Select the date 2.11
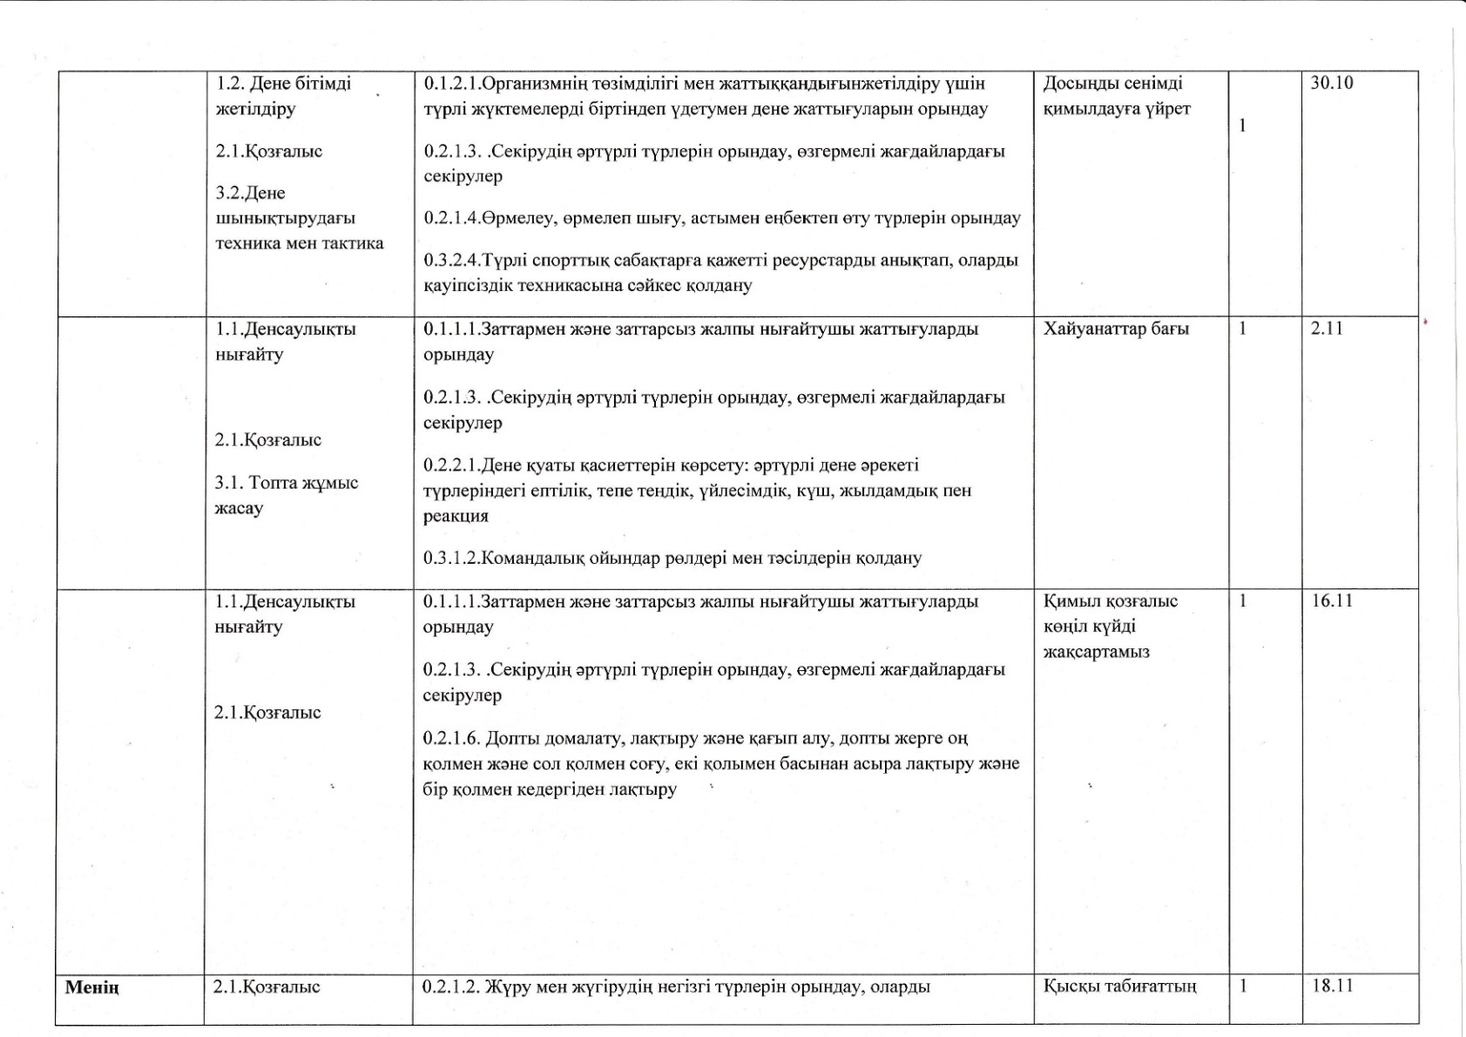pyautogui.click(x=1327, y=329)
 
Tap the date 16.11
pyautogui.click(x=1332, y=600)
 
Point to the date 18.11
pyautogui.click(x=1332, y=986)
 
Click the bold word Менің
pyautogui.click(x=92, y=987)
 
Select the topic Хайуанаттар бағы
pyautogui.click(x=1116, y=329)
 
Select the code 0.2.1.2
pyautogui.click(x=450, y=987)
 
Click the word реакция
pyautogui.click(x=456, y=516)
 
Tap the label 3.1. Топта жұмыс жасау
pyautogui.click(x=286, y=495)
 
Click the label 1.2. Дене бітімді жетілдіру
pyautogui.click(x=283, y=96)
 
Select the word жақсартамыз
pyautogui.click(x=1096, y=652)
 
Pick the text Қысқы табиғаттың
pyautogui.click(x=1119, y=986)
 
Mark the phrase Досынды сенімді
pyautogui.click(x=1112, y=84)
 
